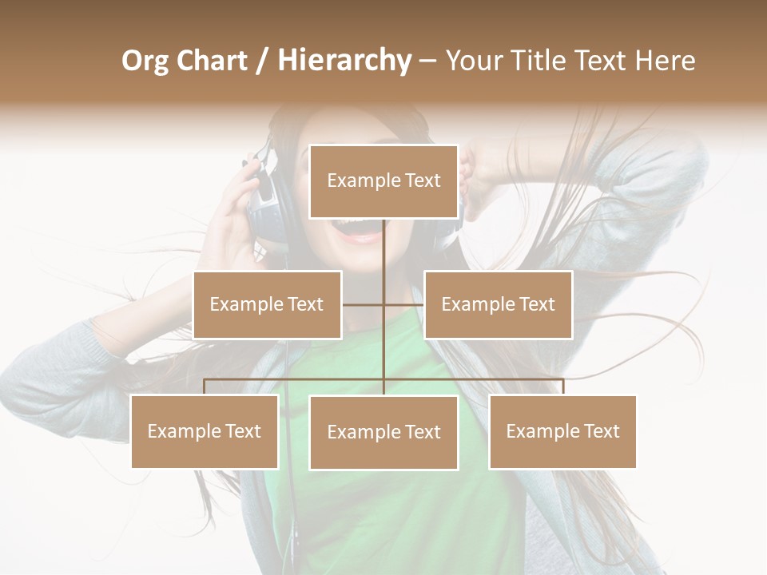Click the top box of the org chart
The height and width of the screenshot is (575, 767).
pyautogui.click(x=383, y=181)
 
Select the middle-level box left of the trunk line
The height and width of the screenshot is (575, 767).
pyautogui.click(x=267, y=304)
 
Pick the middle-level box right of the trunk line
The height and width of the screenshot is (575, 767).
pyautogui.click(x=498, y=304)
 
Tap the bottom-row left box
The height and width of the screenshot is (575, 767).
pyautogui.click(x=205, y=431)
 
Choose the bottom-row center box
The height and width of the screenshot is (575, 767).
pyautogui.click(x=383, y=432)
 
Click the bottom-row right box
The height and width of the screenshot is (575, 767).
pyautogui.click(x=562, y=431)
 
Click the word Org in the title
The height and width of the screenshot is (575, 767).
pyautogui.click(x=145, y=61)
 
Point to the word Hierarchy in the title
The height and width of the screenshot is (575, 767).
pyautogui.click(x=344, y=61)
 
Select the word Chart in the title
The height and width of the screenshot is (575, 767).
pyautogui.click(x=210, y=61)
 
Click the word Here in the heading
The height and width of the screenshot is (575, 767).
pyautogui.click(x=666, y=61)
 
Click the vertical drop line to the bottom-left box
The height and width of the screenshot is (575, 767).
pyautogui.click(x=205, y=387)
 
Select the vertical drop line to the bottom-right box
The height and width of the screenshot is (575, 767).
pyautogui.click(x=562, y=387)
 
